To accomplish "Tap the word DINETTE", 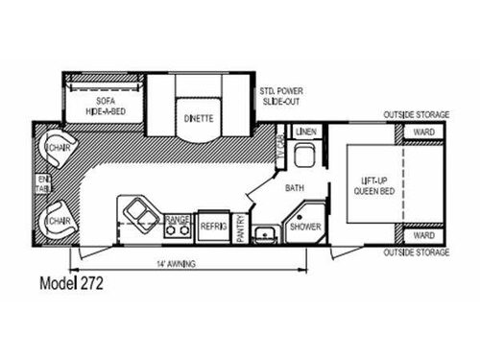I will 199,119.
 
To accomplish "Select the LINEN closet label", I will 306,130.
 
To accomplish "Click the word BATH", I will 294,189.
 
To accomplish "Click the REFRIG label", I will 212,227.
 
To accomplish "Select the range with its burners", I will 177,225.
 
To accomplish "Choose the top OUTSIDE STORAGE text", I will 417,115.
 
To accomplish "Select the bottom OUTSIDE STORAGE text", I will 417,252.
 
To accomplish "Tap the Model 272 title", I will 72,285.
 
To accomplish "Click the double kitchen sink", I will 140,216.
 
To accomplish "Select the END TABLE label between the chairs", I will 41,183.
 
